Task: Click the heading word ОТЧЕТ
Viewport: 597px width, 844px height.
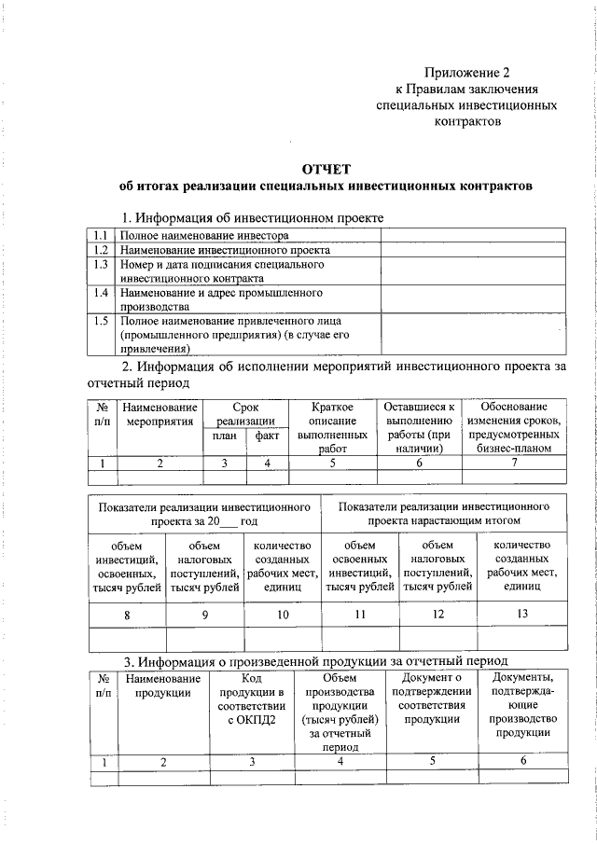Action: pos(326,169)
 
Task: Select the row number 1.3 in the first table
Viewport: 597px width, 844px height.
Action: pos(103,265)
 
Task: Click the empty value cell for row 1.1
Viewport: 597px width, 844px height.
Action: pos(473,236)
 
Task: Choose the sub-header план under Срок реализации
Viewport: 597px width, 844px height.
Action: pos(225,435)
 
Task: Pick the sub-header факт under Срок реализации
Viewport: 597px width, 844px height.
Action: pos(266,435)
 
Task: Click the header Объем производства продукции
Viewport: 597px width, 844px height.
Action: pos(340,718)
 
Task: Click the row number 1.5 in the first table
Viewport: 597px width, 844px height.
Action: pos(103,321)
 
